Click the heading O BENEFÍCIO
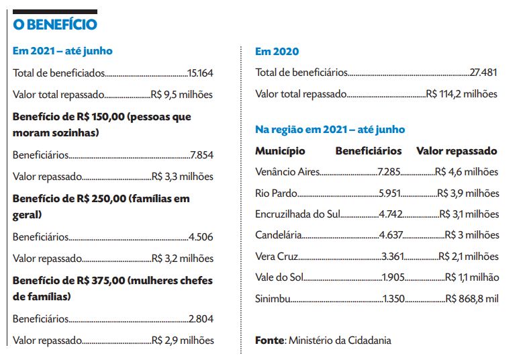55,25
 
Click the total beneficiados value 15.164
200,73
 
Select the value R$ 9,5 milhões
183,95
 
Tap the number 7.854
201,155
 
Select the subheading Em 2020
277,51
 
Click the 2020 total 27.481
483,73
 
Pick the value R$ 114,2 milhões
462,94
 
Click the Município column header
280,151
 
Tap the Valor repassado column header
457,151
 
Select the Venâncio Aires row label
288,172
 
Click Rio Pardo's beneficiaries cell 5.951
389,193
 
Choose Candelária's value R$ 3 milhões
472,236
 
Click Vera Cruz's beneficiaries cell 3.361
392,257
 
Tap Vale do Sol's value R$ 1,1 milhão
472,278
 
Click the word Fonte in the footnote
269,341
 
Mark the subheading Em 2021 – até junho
62,51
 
